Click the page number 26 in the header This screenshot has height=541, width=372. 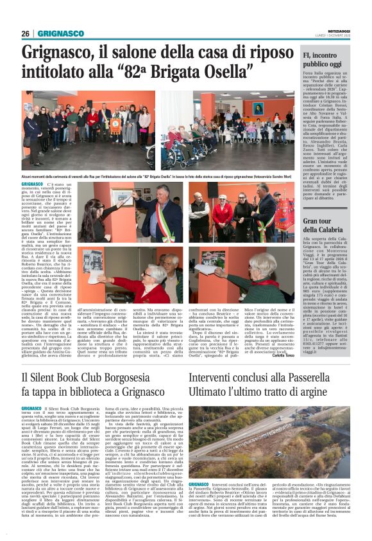click(x=25, y=33)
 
